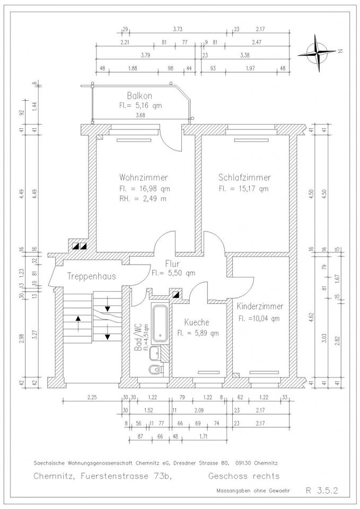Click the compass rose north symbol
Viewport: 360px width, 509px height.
(318, 53)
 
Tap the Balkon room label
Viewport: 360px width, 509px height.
(139, 96)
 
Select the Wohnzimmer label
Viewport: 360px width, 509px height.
(144, 178)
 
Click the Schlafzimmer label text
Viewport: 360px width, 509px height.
(244, 178)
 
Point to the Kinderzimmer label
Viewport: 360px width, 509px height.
(260, 306)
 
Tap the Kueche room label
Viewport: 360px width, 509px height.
(197, 322)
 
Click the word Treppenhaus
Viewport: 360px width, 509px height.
(92, 277)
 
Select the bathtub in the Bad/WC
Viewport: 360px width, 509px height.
(160, 323)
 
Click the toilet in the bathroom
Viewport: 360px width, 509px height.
(156, 369)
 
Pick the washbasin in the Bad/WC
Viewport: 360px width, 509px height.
(155, 353)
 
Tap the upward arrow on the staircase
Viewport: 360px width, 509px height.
(78, 323)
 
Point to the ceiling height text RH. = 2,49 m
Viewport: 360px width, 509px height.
(143, 199)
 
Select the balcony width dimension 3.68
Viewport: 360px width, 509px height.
(140, 115)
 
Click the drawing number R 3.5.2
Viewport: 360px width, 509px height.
(322, 490)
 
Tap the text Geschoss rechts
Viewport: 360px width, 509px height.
(244, 476)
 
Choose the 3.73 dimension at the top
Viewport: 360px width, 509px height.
(178, 29)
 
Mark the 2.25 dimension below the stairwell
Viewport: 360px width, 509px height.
(92, 397)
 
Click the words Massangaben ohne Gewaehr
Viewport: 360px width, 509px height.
(253, 491)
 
